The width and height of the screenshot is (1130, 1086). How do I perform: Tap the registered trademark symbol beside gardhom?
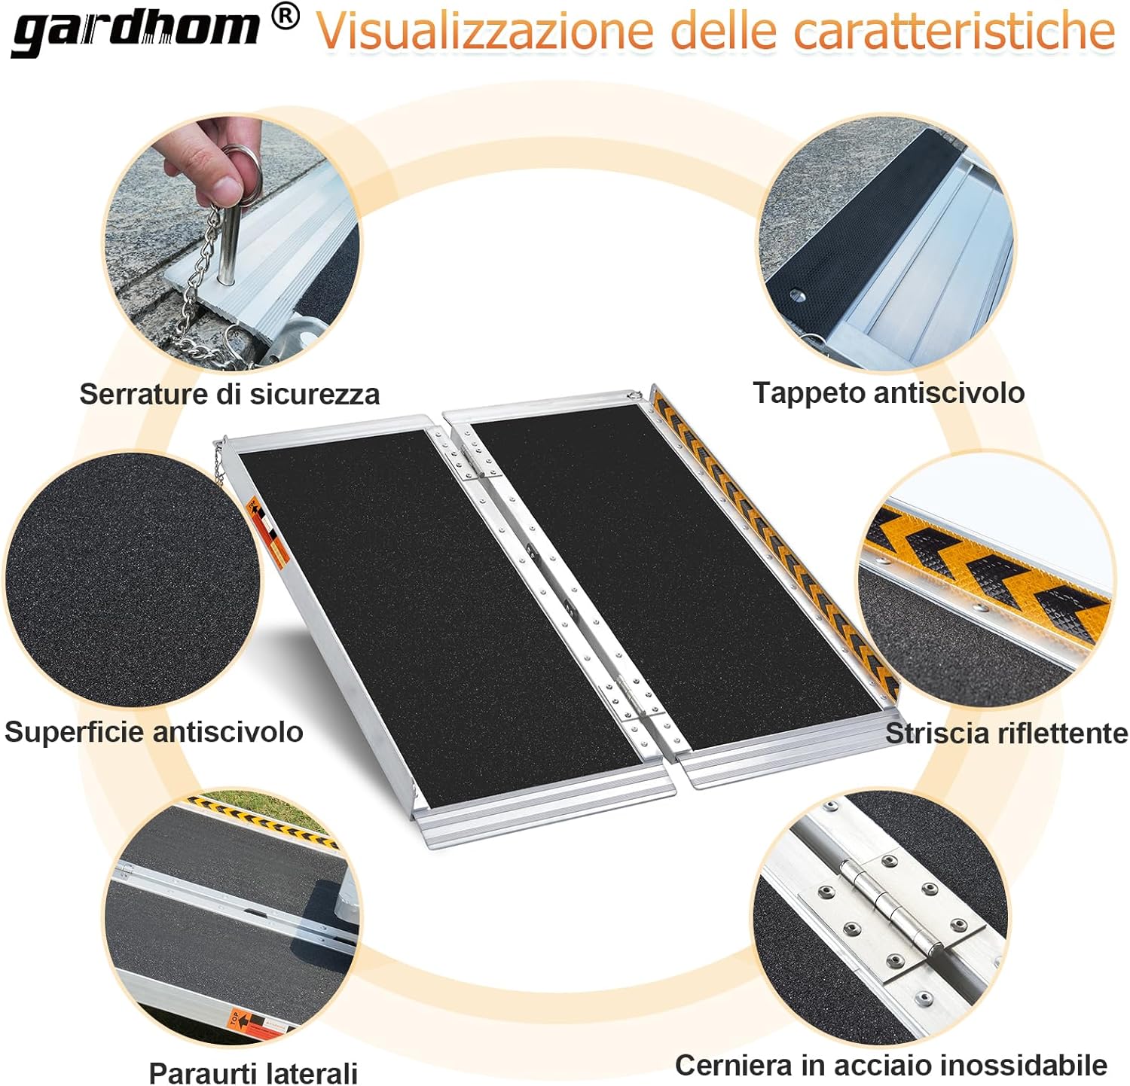(x=285, y=17)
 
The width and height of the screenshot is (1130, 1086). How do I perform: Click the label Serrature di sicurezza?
(x=230, y=394)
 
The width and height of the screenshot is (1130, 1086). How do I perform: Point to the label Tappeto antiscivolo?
(x=889, y=392)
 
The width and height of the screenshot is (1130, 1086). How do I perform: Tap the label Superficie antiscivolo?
(x=154, y=731)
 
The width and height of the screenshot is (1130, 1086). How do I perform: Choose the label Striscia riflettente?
(x=1006, y=733)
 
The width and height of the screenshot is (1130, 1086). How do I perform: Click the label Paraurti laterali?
(x=253, y=1072)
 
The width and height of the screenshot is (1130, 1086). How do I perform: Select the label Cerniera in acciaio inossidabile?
(x=891, y=1065)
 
